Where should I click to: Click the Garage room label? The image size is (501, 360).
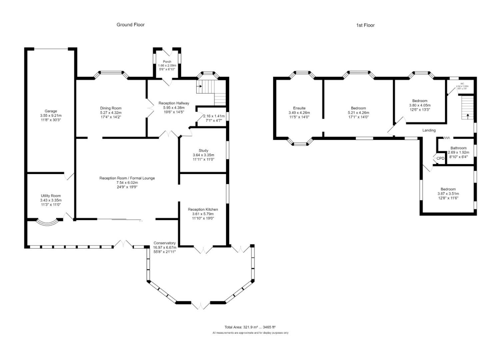point(51,111)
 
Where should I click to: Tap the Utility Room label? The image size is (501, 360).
point(51,196)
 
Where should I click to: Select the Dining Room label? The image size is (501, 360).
point(111,108)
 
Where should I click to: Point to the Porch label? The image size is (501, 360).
point(167,62)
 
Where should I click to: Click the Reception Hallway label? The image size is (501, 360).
point(174,103)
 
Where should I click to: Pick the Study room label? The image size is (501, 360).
point(203,151)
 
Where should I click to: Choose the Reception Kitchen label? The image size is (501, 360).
point(203,209)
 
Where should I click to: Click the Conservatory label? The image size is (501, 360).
point(164,243)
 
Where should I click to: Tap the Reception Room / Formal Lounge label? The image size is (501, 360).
point(127,178)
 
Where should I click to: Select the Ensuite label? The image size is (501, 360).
point(299,108)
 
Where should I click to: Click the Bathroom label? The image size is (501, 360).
point(458,148)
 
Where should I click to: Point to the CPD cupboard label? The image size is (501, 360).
point(440,158)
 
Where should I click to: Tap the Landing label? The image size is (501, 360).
point(429,130)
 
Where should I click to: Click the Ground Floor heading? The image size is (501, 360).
point(130,25)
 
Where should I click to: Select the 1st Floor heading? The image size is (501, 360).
point(365,25)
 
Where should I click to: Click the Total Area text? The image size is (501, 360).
point(250,327)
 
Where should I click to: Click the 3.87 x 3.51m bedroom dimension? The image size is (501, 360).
point(448,194)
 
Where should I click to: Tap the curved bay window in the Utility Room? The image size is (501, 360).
point(44,222)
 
